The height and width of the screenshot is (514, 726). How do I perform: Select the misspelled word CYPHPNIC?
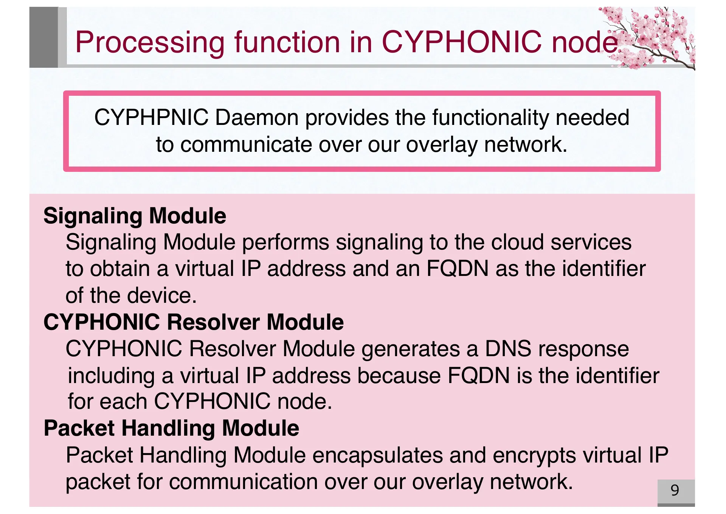tap(151, 117)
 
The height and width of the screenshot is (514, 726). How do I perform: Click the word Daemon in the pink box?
tap(257, 117)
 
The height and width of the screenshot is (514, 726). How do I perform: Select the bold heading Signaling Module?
tap(135, 216)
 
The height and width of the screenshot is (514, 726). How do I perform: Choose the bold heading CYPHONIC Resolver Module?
tap(193, 322)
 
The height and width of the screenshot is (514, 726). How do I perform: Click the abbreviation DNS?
tap(508, 349)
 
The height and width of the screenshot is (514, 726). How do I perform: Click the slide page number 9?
tap(675, 491)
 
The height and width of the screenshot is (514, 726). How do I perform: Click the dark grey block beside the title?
tap(43, 37)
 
